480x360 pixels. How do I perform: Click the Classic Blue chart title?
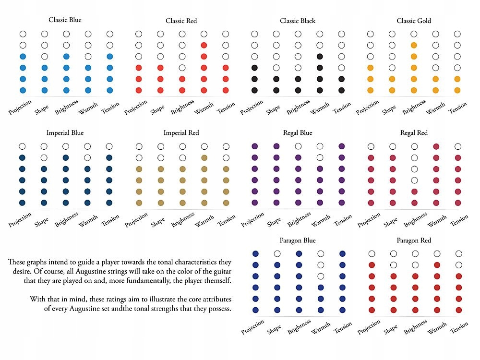click(65, 20)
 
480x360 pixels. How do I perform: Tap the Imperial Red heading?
click(181, 132)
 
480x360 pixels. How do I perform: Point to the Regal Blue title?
click(298, 132)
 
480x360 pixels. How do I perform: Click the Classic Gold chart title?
click(414, 21)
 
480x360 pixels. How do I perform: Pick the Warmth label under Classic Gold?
click(436, 107)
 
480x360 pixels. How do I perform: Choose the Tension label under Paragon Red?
click(458, 327)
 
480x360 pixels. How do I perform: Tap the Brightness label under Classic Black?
click(300, 107)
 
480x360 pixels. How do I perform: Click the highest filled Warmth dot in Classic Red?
click(204, 45)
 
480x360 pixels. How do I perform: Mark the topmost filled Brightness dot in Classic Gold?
click(414, 45)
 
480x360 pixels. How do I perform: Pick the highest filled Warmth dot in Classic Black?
click(320, 56)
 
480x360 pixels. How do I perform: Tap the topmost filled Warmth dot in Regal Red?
click(436, 146)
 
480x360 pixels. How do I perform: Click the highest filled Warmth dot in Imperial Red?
click(204, 157)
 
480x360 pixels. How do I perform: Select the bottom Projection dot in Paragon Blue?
click(255, 310)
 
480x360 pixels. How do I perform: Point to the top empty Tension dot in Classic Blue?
click(110, 34)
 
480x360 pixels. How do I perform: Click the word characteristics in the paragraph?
click(181, 262)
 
